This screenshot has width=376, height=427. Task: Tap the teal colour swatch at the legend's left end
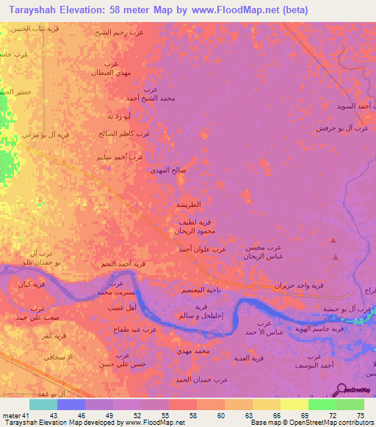[43, 404]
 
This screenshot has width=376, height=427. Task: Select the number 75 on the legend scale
[359, 415]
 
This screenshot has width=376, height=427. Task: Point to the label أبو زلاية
[119, 116]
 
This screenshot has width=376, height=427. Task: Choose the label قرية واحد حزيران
[301, 284]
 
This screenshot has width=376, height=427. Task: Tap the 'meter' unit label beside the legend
[11, 415]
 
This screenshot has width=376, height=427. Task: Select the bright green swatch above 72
[322, 404]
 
